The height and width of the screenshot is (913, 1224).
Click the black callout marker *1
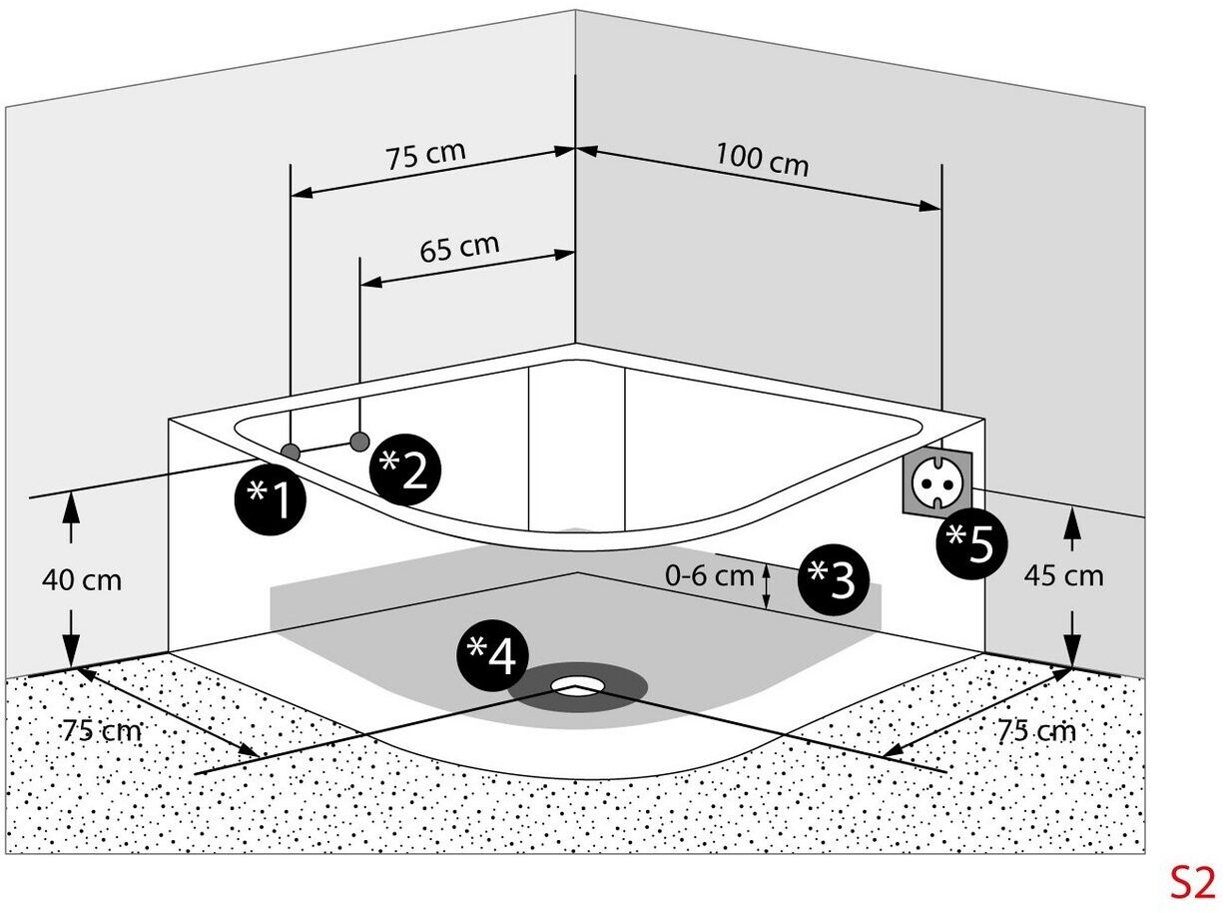point(271,499)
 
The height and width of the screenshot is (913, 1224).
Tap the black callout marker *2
point(405,469)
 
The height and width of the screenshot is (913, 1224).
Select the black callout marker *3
point(833,579)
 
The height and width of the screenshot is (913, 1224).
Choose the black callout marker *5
point(972,543)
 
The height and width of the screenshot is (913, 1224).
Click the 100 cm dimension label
point(762,160)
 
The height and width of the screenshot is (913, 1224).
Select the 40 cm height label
point(82,580)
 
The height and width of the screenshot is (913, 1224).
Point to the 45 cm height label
point(1064,575)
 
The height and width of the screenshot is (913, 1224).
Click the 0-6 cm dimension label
point(709,575)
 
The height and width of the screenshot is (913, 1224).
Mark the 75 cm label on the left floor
point(102,730)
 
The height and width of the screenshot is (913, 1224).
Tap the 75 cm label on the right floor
point(1036,730)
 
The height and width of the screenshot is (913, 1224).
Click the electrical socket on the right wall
point(937,482)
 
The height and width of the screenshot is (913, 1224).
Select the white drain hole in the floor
point(578,685)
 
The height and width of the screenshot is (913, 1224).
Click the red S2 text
point(1193,883)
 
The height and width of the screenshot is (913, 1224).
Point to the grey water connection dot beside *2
point(359,442)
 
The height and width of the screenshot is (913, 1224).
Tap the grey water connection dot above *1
point(290,453)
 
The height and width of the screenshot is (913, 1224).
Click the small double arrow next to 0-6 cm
point(767,586)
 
